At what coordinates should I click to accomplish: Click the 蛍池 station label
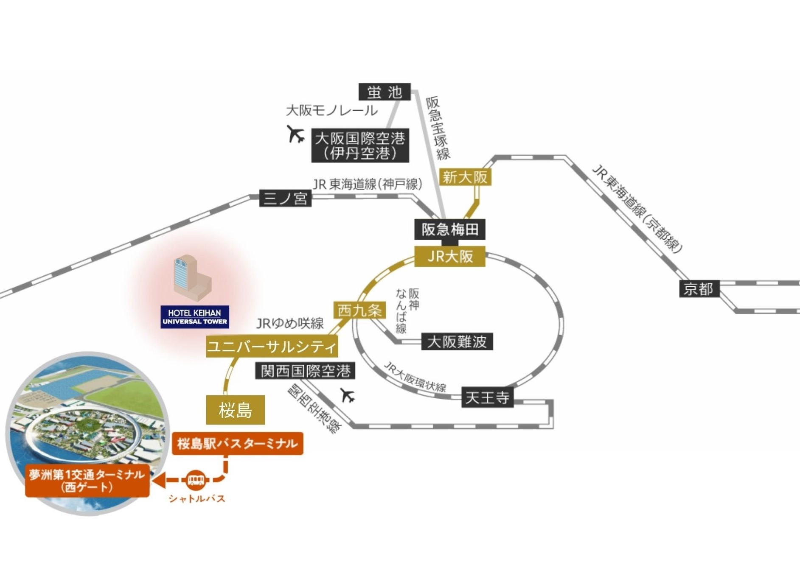(385, 92)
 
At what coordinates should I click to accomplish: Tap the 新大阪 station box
(465, 177)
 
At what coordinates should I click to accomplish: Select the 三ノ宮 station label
(285, 198)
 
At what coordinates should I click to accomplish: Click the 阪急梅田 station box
(450, 229)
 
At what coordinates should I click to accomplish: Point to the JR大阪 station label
(450, 256)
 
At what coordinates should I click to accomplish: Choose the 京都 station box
(699, 289)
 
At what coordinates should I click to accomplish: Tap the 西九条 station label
(359, 310)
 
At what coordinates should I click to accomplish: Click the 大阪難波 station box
(457, 341)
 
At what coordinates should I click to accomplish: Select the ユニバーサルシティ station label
(272, 347)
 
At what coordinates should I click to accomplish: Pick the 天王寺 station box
(487, 397)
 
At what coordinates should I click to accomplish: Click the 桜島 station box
(235, 410)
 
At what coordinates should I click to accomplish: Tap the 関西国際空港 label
(305, 371)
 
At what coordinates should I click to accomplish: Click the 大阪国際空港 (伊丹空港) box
(360, 145)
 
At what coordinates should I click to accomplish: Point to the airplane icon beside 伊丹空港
(295, 134)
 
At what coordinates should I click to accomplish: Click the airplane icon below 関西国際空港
(348, 395)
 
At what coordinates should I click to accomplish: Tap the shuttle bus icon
(196, 480)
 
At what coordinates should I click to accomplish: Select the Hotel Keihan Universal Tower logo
(195, 317)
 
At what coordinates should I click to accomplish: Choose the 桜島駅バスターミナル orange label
(237, 444)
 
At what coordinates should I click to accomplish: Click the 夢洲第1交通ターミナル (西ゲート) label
(87, 481)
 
